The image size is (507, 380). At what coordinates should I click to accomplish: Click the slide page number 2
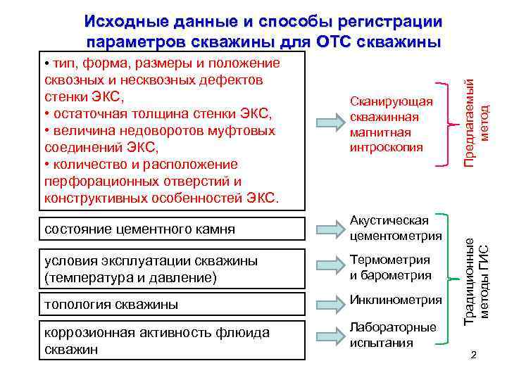pos(473,355)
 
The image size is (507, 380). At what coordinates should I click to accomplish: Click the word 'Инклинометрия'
pos(396,300)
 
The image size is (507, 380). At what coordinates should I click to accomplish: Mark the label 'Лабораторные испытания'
pos(393,335)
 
